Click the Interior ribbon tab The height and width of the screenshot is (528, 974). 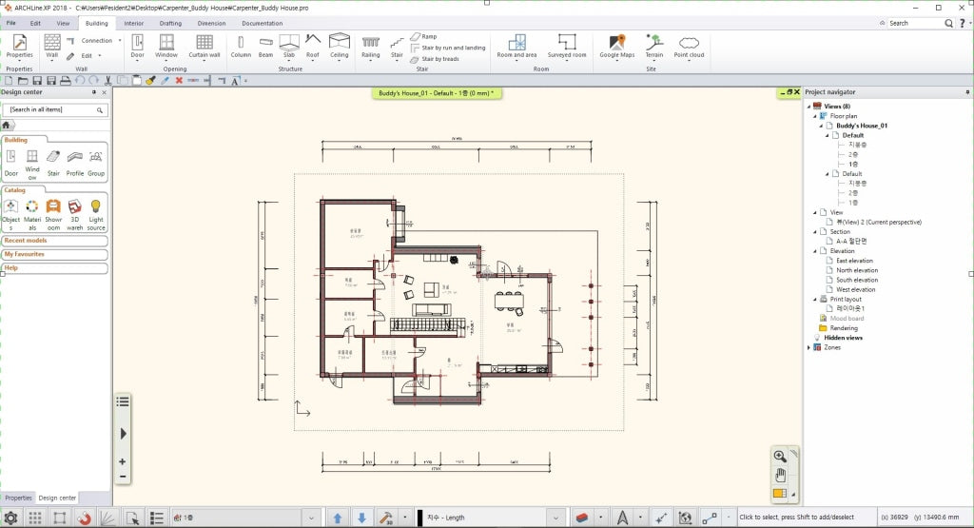coord(134,23)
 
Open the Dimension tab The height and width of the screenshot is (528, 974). coord(211,23)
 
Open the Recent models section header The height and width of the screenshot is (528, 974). coord(26,241)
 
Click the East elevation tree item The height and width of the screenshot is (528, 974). coord(854,261)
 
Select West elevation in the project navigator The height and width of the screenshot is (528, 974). coord(856,289)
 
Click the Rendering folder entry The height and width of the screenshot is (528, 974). coord(844,328)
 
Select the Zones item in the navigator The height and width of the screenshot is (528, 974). coord(832,347)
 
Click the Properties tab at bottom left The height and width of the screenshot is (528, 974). coord(17,498)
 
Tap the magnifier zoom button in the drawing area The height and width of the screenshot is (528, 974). coord(780,457)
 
